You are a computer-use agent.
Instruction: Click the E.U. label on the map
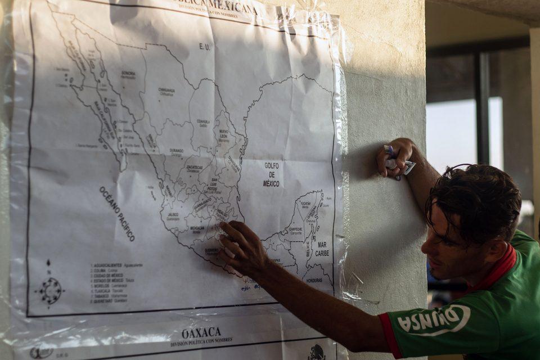pyautogui.click(x=205, y=47)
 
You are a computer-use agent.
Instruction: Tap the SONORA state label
pyautogui.click(x=128, y=73)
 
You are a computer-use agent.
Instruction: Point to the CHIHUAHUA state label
pyautogui.click(x=166, y=90)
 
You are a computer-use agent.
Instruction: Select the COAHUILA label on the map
pyautogui.click(x=203, y=121)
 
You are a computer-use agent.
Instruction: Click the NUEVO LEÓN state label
pyautogui.click(x=223, y=133)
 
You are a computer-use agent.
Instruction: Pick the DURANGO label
pyautogui.click(x=177, y=151)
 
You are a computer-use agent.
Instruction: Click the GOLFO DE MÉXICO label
pyautogui.click(x=271, y=174)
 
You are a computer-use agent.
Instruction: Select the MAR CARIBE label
pyautogui.click(x=322, y=249)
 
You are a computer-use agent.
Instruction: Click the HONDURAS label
pyautogui.click(x=314, y=280)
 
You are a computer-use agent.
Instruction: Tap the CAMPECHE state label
pyautogui.click(x=295, y=229)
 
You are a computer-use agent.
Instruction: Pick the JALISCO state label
pyautogui.click(x=173, y=215)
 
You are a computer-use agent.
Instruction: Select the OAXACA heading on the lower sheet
pyautogui.click(x=201, y=332)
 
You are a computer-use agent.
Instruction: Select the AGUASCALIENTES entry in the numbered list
pyautogui.click(x=108, y=265)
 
